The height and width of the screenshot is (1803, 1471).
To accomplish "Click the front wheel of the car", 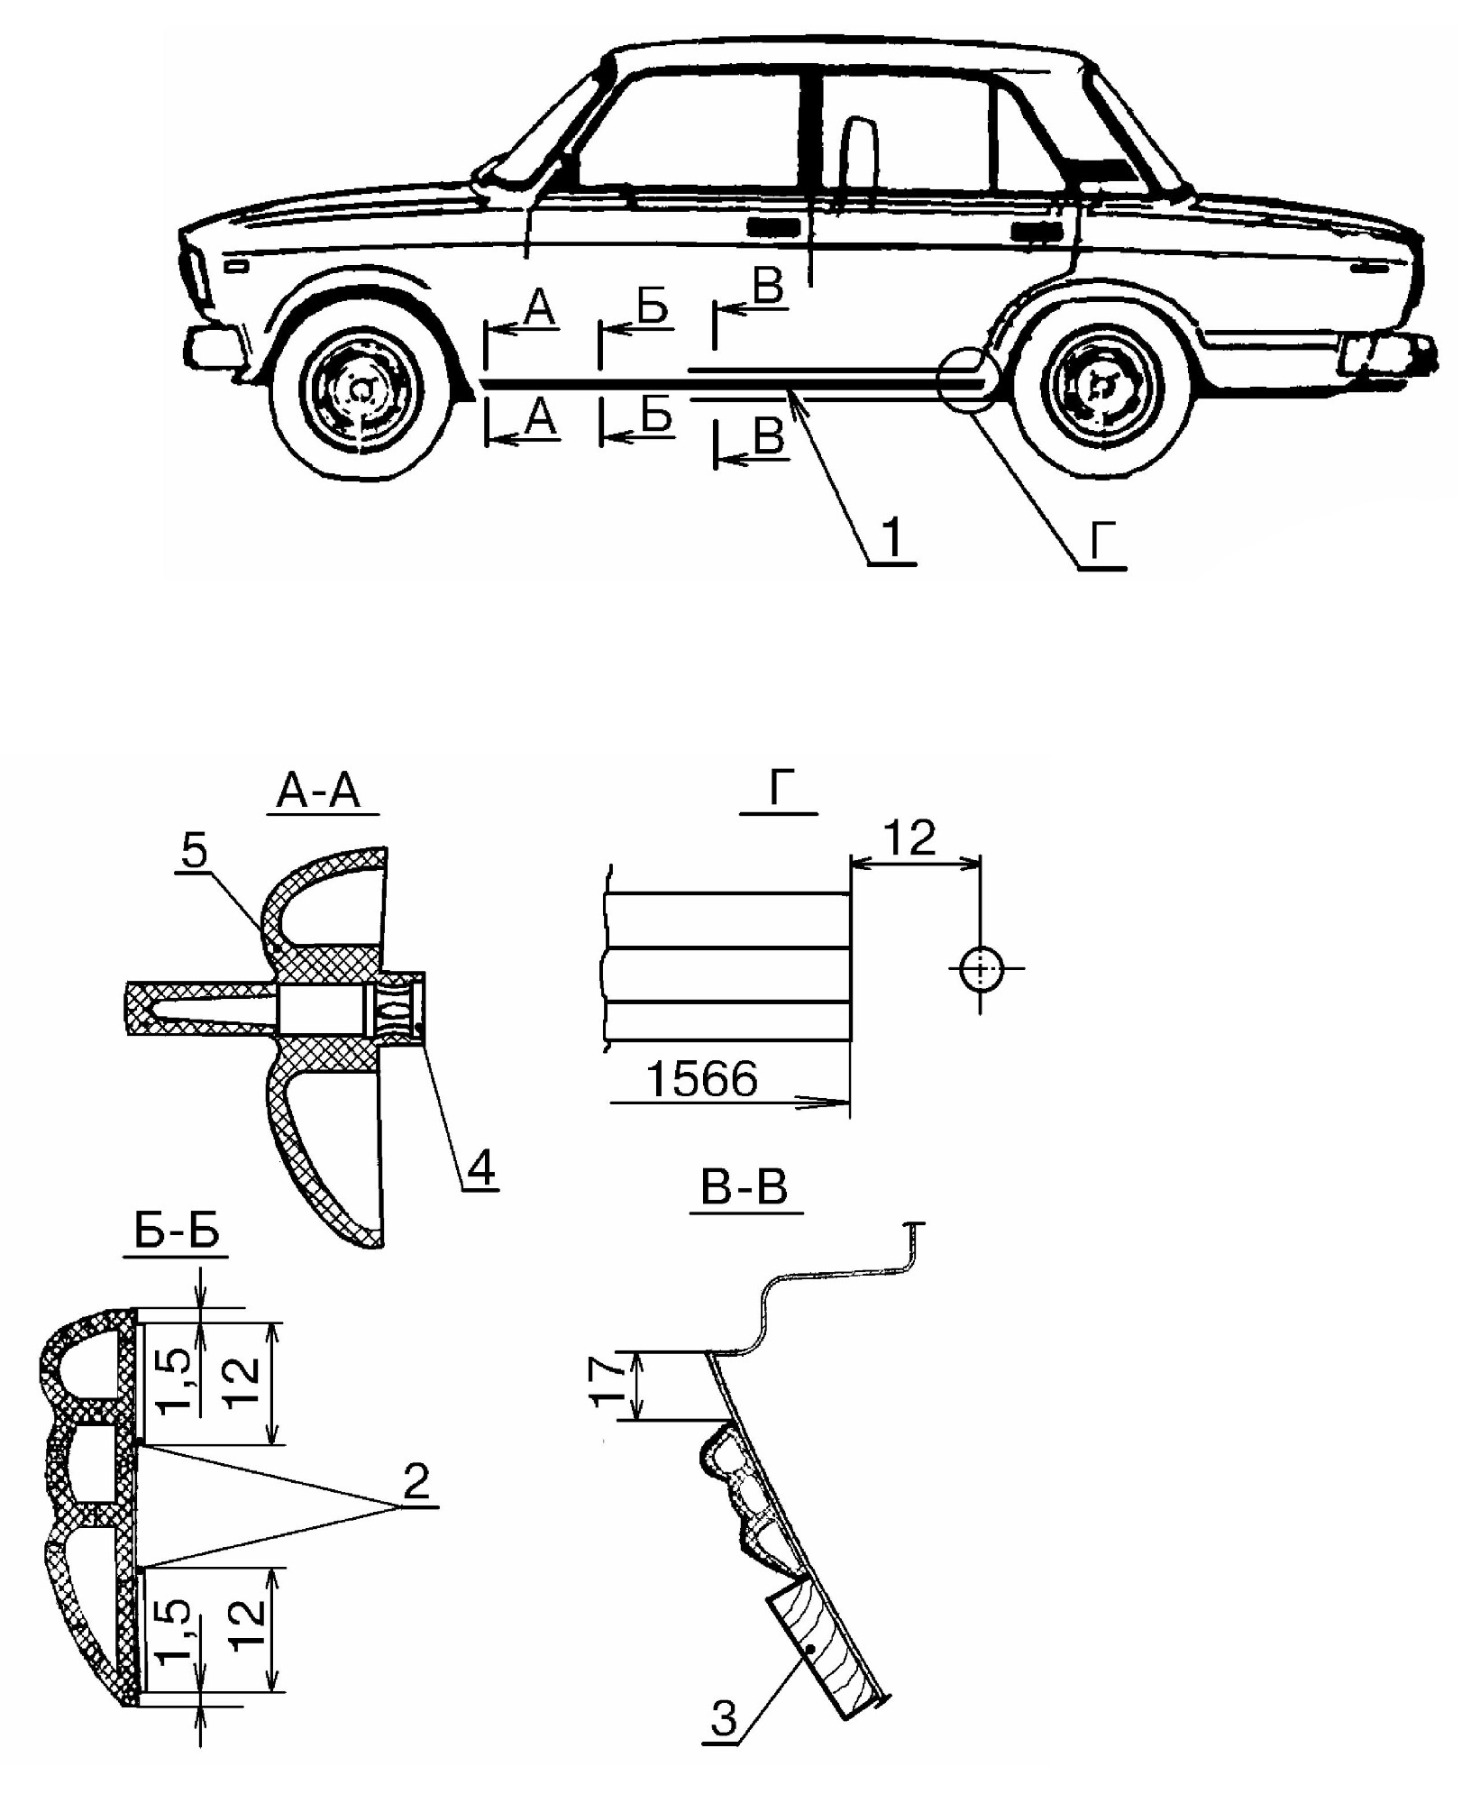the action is (x=361, y=390).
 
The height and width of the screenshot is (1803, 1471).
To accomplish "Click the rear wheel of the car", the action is (x=1100, y=387).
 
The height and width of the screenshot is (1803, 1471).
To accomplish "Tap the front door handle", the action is (x=775, y=227).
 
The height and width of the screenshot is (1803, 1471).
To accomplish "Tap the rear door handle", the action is (x=1036, y=231).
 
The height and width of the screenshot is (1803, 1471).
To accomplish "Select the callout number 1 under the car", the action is (x=891, y=539).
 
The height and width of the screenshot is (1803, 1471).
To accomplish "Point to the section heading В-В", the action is (x=745, y=1189).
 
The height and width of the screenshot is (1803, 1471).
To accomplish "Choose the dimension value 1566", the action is (x=702, y=1078).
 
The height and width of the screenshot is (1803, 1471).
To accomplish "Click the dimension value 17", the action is (x=611, y=1385).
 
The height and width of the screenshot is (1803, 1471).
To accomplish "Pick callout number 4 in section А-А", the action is (x=480, y=1168).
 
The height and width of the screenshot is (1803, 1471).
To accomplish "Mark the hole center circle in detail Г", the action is (x=981, y=969).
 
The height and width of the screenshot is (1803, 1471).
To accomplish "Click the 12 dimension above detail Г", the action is (x=911, y=838).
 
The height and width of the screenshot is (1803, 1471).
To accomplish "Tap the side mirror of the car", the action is (x=492, y=173).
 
